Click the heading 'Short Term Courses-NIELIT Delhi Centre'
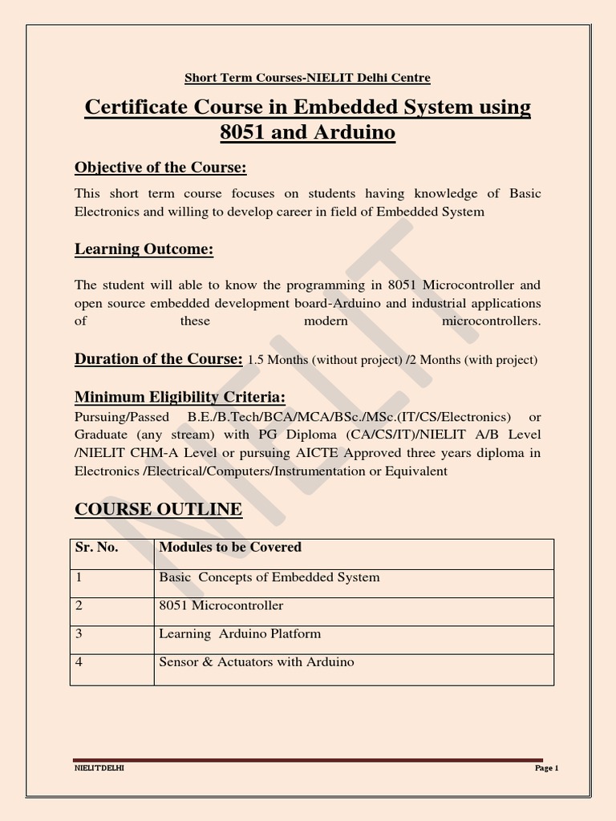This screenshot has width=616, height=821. [x=307, y=78]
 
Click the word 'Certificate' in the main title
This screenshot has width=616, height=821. [x=140, y=107]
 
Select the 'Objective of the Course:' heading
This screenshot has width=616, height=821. [x=160, y=168]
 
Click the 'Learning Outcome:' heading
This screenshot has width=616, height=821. [x=144, y=250]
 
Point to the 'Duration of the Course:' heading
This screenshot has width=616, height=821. [x=158, y=358]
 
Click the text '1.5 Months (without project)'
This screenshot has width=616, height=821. [x=324, y=360]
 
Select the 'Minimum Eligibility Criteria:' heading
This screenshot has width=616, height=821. [x=180, y=398]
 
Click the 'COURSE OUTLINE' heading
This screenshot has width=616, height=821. [x=158, y=509]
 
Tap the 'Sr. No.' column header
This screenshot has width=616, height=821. [x=96, y=548]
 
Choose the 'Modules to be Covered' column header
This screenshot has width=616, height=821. [x=230, y=548]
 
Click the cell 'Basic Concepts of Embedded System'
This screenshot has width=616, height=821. [x=269, y=577]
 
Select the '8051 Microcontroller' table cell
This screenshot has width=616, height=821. [x=221, y=605]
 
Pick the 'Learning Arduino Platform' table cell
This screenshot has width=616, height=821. [x=240, y=633]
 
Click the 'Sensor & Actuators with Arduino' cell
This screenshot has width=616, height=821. [x=257, y=662]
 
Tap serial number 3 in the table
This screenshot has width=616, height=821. [x=79, y=633]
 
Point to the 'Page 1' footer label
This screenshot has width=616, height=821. [x=546, y=768]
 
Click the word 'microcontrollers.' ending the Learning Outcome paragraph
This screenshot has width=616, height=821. [x=491, y=321]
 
